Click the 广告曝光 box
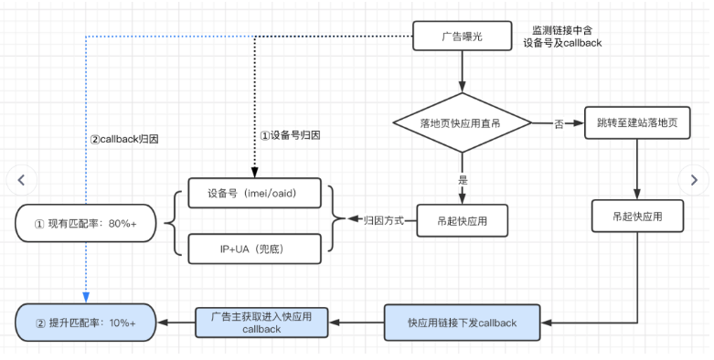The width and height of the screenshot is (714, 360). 462,37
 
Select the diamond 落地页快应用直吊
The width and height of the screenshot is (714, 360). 462,122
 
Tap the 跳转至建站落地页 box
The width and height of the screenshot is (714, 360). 635,122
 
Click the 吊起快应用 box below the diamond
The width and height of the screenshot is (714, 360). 462,219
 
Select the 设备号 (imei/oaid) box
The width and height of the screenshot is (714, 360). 255,192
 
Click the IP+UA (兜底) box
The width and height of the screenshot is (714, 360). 255,248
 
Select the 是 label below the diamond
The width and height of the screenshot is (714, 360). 462,180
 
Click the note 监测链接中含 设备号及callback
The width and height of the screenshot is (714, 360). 561,37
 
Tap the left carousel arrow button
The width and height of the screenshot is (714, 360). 22,180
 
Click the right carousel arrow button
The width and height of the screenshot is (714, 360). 693,180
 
